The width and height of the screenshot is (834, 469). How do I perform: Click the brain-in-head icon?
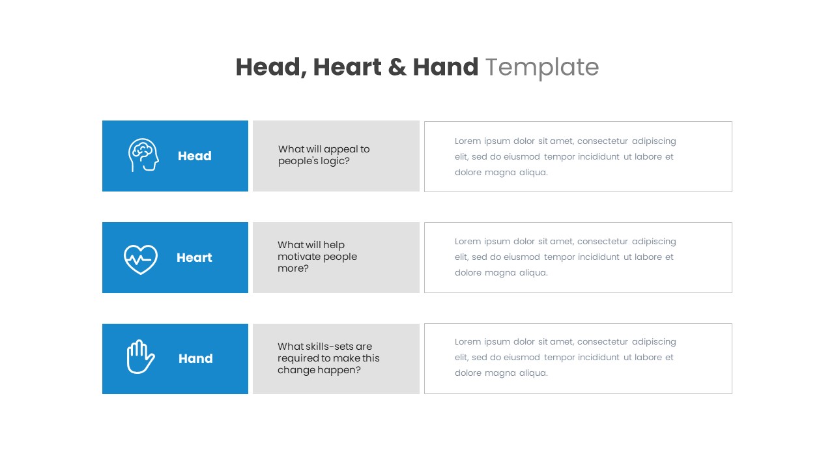point(143,155)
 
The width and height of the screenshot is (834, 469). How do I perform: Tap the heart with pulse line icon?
point(141,259)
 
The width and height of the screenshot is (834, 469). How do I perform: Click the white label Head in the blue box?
point(194,156)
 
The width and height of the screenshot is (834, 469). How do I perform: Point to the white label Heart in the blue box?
point(194,258)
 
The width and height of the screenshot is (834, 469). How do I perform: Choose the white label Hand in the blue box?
point(195,359)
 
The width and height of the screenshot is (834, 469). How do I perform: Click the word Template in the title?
point(541,67)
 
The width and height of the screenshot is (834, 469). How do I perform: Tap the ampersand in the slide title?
point(396,67)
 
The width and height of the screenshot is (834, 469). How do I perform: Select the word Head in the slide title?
point(270,68)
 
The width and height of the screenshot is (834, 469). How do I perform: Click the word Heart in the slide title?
point(347,67)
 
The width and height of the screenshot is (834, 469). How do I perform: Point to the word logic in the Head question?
point(335,162)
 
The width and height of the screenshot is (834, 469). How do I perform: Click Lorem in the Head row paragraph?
point(468,141)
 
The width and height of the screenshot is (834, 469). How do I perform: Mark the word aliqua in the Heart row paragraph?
point(533,273)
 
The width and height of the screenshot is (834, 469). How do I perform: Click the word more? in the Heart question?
point(293,268)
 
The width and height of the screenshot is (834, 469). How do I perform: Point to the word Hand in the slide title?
point(445,67)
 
